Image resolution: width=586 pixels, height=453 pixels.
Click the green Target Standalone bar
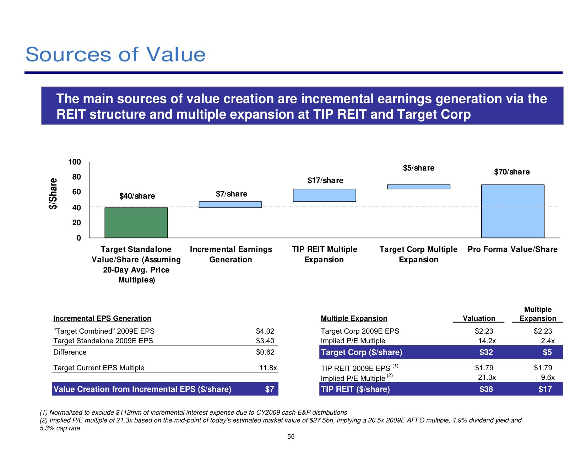point(136,222)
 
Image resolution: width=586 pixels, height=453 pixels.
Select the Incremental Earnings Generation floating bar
point(230,205)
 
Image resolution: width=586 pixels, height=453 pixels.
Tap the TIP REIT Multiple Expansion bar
point(324,195)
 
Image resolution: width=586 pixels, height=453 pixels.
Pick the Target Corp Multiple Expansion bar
point(418,187)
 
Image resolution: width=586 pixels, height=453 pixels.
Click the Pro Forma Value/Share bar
point(512,211)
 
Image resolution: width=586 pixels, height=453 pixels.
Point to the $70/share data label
point(512,172)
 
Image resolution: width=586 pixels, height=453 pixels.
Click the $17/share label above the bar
point(325,180)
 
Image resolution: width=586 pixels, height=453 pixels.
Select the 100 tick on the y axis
point(75,162)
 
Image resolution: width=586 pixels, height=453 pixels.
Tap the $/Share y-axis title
point(53,193)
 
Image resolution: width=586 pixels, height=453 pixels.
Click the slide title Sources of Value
point(115,54)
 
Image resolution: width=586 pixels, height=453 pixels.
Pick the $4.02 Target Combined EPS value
point(265,331)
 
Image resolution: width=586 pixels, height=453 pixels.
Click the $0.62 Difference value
point(265,352)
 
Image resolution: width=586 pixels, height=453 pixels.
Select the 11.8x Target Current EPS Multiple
point(268,368)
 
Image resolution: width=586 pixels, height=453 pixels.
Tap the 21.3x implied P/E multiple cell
point(487,377)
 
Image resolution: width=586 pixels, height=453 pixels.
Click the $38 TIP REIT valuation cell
point(486,389)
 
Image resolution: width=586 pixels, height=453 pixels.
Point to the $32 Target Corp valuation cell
point(486,352)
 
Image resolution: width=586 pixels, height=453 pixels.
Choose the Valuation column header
point(479,318)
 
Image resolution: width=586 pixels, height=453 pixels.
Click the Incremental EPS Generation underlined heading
point(102,318)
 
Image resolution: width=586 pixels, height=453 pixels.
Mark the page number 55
point(291,437)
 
